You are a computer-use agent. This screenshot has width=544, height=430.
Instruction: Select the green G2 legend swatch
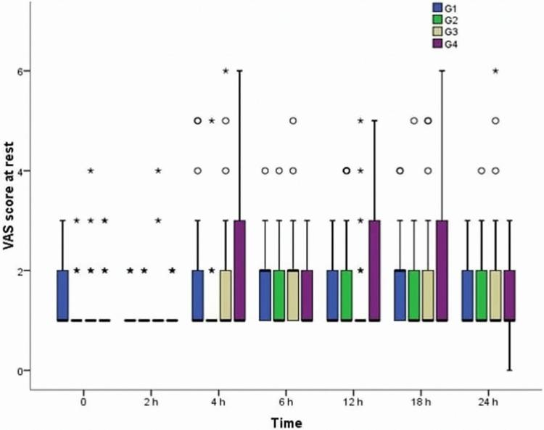tap(437, 20)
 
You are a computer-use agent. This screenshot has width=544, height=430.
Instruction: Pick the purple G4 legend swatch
tap(437, 44)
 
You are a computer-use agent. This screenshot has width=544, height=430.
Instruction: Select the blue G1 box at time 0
tap(62, 294)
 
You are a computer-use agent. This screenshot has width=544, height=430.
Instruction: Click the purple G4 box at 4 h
tap(240, 270)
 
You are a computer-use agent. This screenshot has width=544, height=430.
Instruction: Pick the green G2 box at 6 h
tap(279, 294)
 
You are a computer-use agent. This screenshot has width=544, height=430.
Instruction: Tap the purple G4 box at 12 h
tap(374, 270)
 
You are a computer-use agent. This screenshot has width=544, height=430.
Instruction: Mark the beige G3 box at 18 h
tap(428, 294)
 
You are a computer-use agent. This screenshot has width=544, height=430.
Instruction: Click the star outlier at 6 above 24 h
tap(495, 71)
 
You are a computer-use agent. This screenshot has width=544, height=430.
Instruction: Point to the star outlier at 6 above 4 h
tap(226, 71)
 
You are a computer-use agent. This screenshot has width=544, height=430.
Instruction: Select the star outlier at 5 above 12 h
tap(360, 121)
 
